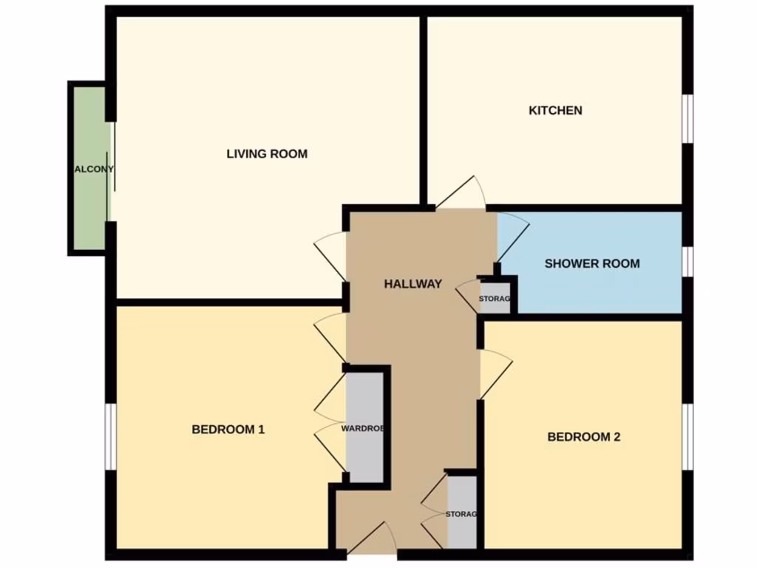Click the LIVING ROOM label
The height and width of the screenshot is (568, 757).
click(267, 154)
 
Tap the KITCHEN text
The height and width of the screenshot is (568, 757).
click(555, 110)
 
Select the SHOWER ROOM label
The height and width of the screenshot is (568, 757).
click(592, 263)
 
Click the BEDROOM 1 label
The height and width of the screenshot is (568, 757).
click(228, 429)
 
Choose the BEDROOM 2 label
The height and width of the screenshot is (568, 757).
click(583, 436)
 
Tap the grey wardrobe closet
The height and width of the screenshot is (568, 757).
click(364, 427)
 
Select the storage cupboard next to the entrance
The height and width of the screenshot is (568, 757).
click(462, 513)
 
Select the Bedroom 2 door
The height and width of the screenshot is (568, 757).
click(495, 374)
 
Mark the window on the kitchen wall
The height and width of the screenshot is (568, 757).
click(688, 117)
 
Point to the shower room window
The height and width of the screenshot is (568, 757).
click(688, 260)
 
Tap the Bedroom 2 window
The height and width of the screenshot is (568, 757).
click(688, 436)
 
